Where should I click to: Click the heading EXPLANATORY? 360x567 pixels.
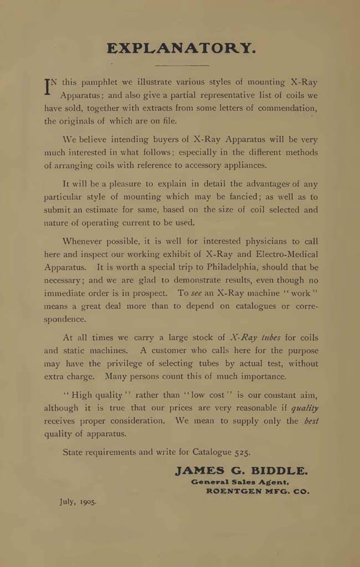point(181,48)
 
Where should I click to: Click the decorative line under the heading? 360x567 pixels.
point(181,66)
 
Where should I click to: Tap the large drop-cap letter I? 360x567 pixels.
point(48,86)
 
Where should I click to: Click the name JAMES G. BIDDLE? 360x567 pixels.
point(241,471)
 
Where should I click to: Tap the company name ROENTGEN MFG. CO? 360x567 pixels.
point(258,491)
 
